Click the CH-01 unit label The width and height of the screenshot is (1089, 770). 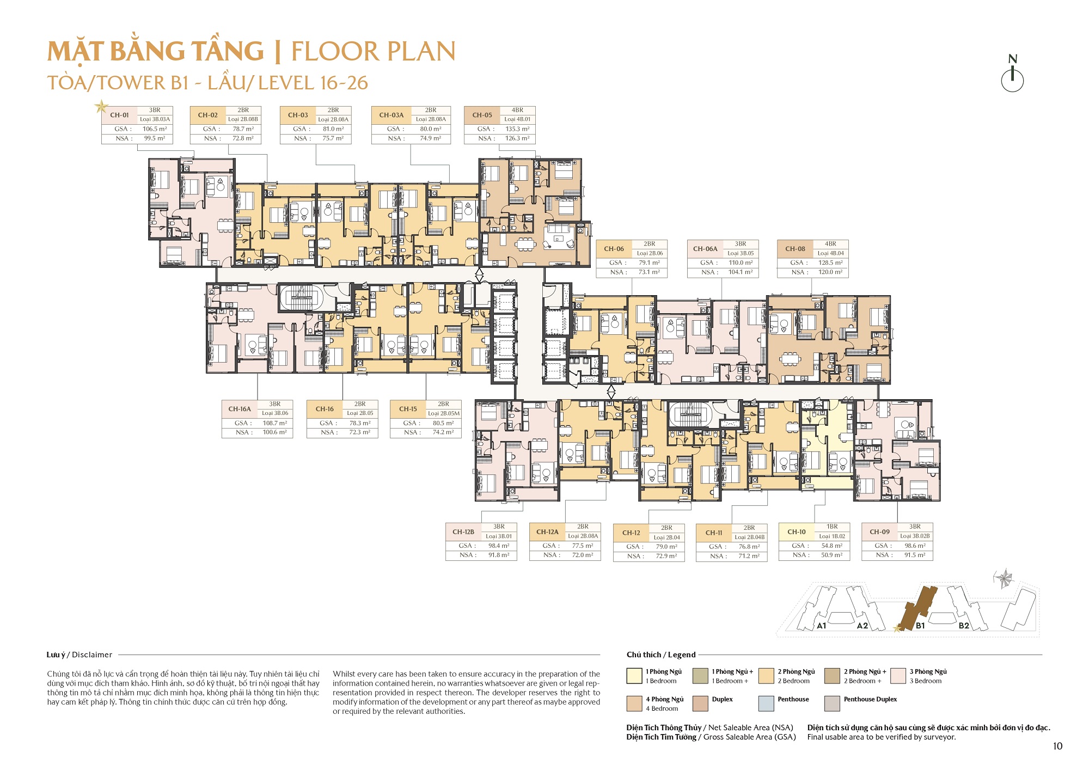pos(119,115)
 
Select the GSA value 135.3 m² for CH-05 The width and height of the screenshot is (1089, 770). pos(517,129)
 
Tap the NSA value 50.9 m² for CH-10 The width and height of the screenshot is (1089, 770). pos(831,555)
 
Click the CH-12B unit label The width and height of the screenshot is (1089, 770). pos(463,531)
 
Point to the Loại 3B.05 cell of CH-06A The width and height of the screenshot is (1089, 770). pos(741,253)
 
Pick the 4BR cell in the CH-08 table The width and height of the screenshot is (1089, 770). pos(830,244)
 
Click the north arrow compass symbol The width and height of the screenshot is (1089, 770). pos(1012,77)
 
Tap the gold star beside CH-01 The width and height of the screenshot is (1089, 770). pos(101,106)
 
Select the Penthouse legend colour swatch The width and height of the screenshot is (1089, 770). pos(766,704)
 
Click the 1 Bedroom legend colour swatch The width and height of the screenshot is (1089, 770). pos(634,676)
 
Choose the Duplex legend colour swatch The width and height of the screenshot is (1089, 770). pos(700,704)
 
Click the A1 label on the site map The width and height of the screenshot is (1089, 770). pos(821,626)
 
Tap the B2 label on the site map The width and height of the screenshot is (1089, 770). pos(964,626)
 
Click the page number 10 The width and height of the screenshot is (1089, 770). pos(1057,746)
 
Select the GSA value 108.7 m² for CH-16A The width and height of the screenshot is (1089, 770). pos(274,423)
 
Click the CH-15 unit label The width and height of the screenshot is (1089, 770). pos(408,409)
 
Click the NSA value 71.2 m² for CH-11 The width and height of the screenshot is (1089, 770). pos(749,556)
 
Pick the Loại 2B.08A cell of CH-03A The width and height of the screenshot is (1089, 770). pos(431,119)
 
